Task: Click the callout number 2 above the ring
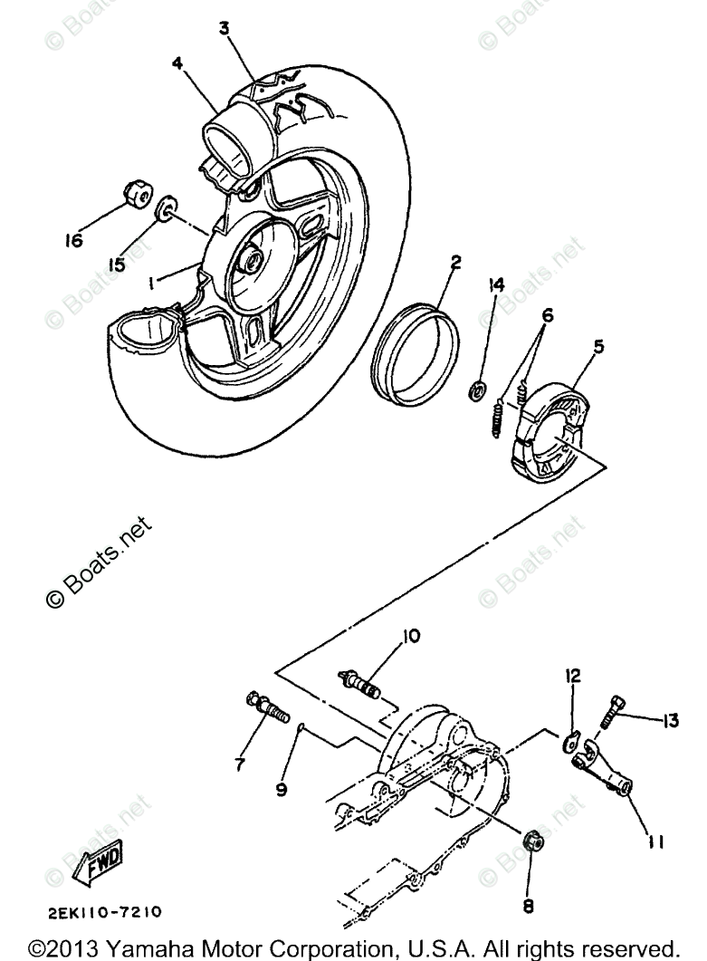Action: (x=456, y=263)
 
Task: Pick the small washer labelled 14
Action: (x=479, y=391)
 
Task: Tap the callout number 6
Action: (x=547, y=315)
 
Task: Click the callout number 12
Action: (x=574, y=676)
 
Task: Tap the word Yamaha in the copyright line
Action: (x=148, y=947)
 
